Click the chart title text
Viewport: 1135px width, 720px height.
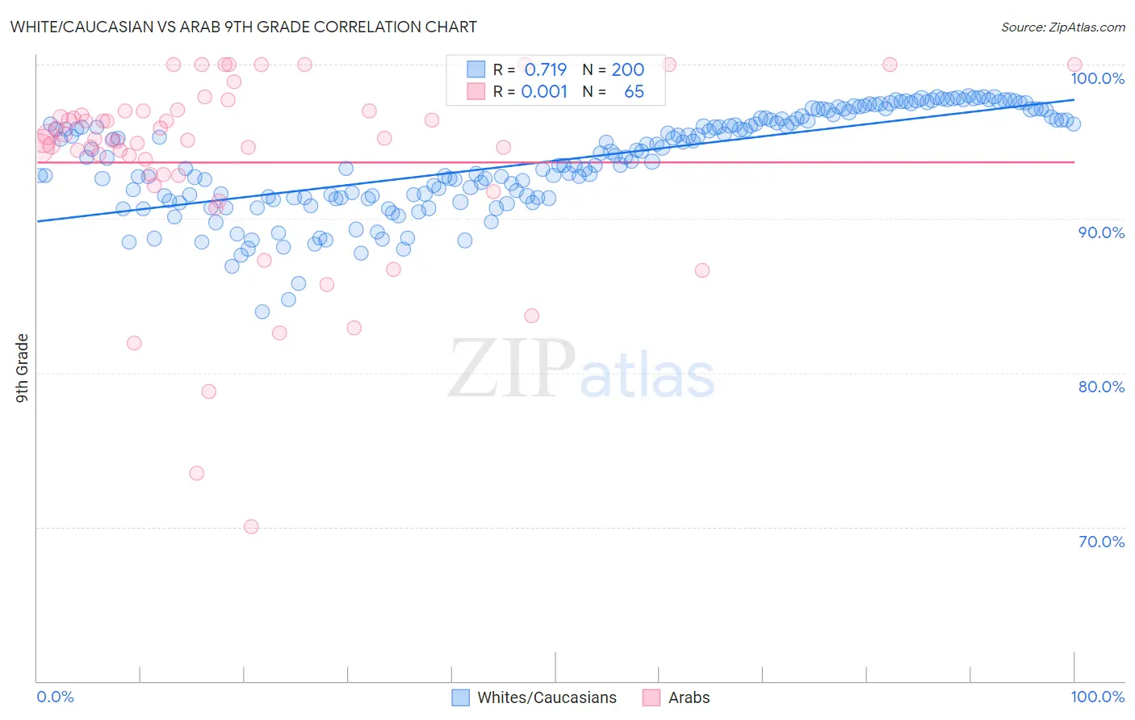pos(243,27)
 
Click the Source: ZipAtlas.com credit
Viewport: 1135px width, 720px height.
pos(1062,27)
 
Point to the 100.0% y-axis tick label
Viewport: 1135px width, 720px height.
pos(1097,78)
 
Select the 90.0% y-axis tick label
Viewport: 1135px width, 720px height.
pos(1101,232)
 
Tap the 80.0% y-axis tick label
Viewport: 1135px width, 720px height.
pos(1101,387)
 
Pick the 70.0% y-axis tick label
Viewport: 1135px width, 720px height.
pos(1101,542)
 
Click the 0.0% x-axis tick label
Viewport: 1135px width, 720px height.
pos(55,697)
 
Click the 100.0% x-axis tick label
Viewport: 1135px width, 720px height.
pos(1097,697)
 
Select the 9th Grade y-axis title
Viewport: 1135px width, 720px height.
pos(22,368)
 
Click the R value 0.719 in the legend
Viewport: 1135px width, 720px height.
pos(546,69)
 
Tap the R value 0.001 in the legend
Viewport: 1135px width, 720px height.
pos(544,91)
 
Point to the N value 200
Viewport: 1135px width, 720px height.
pos(627,69)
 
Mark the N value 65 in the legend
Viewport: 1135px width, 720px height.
pos(634,91)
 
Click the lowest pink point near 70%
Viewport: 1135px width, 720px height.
pos(251,527)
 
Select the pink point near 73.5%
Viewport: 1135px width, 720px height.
pos(197,473)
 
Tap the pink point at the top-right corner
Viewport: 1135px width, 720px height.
pos(1074,65)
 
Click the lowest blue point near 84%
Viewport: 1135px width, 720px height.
pos(262,312)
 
